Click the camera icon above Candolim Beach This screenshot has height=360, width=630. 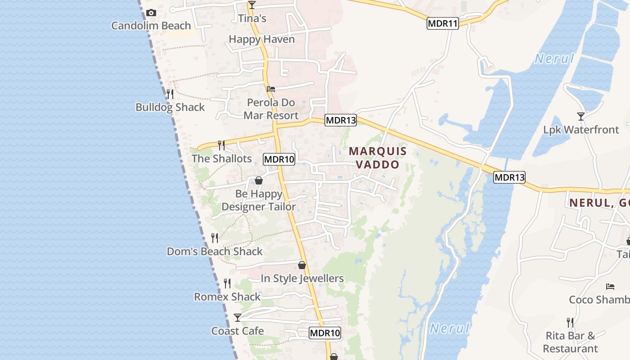pos(151,13)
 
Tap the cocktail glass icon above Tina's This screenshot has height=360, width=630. pos(252,5)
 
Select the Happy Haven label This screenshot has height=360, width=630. pos(261,39)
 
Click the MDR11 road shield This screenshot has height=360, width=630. pos(443,23)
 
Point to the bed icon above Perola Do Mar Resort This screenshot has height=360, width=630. pos(271,89)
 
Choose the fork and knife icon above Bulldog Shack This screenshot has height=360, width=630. pos(170,94)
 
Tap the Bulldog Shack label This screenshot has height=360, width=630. pos(170,107)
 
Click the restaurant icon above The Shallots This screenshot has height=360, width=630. pos(221,145)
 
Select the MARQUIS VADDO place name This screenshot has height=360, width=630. pos(378,157)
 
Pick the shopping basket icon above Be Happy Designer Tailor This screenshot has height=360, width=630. pos(259,180)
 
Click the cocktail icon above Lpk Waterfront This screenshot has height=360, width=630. pos(581,117)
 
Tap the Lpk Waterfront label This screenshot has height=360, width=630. pos(581,130)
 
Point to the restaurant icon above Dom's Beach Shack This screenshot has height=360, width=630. pos(215,238)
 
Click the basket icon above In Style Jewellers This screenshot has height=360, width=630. pos(302,265)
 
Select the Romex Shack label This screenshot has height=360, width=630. pos(227,297)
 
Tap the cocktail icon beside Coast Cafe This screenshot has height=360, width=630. pos(238,317)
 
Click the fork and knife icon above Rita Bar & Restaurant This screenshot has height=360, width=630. pos(570,322)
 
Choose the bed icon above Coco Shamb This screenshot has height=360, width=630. pos(610,286)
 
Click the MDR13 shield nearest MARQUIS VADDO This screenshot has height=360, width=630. pos(341,120)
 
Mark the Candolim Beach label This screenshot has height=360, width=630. pos(151,26)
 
